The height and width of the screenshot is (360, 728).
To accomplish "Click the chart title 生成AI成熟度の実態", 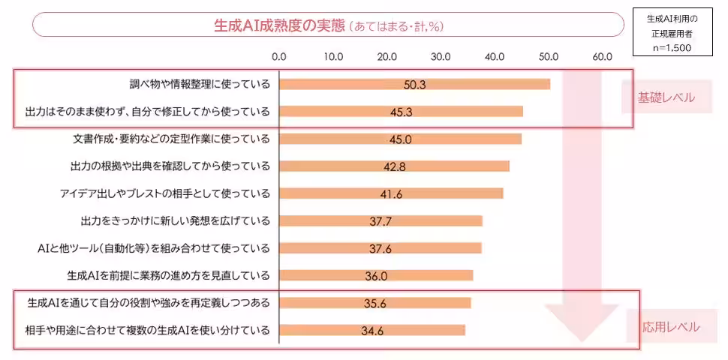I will click(x=278, y=25).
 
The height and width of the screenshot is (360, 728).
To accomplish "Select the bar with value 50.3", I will click(x=414, y=84).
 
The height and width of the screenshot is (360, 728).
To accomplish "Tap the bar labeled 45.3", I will click(x=400, y=112).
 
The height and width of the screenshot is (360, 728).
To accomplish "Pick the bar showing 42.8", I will click(x=393, y=166).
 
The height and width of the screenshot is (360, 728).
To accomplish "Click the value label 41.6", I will click(x=391, y=194).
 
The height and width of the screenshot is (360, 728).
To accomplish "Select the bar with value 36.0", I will click(x=375, y=275).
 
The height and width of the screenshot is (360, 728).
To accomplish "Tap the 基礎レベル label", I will click(x=666, y=97).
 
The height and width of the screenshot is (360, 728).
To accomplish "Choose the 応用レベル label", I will click(x=670, y=327).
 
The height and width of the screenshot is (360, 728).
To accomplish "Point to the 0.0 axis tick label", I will click(x=279, y=56).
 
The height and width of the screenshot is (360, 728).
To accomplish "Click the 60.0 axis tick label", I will click(x=603, y=56).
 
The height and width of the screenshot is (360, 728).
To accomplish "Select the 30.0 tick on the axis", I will click(x=441, y=56).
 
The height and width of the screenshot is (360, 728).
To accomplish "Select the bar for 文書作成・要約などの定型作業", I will click(x=399, y=139).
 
